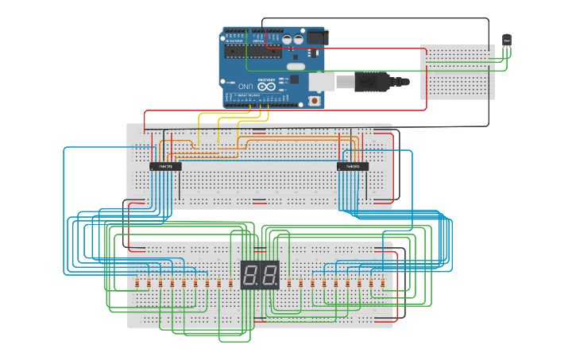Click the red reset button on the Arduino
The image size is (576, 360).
[315, 101]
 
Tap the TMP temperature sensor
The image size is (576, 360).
[506, 41]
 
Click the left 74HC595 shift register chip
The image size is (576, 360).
[165, 166]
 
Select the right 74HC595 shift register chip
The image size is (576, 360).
[352, 166]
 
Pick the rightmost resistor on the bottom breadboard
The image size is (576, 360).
[382, 283]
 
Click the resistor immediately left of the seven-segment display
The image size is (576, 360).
[230, 283]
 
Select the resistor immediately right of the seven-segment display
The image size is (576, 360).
[289, 283]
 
